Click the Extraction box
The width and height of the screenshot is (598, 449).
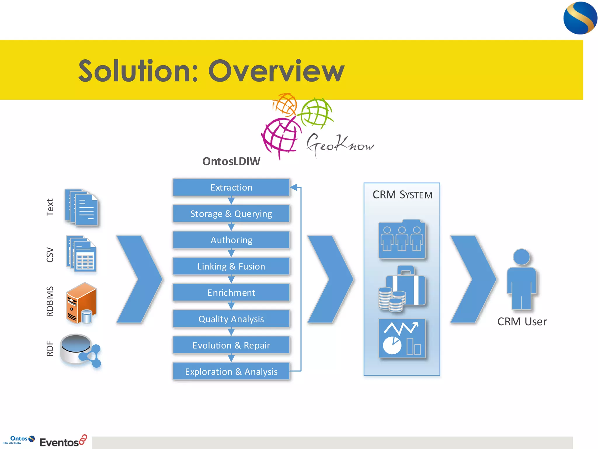tap(231, 187)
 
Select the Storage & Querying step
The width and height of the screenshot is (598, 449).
tap(231, 214)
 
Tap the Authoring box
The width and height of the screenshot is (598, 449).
tap(231, 240)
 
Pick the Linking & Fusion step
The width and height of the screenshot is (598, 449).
tap(231, 266)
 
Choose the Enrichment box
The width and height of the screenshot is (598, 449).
tap(231, 293)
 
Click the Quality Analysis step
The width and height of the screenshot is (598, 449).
tap(231, 319)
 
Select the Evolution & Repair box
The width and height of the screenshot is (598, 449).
tap(231, 345)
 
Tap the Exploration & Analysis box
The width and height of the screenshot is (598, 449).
tap(231, 372)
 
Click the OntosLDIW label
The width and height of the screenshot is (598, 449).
tap(231, 161)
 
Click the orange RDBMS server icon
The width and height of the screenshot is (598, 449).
tap(81, 303)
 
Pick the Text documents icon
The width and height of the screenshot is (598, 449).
tap(81, 207)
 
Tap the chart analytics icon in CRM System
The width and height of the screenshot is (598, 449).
tap(402, 339)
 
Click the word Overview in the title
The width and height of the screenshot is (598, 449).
tap(276, 71)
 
